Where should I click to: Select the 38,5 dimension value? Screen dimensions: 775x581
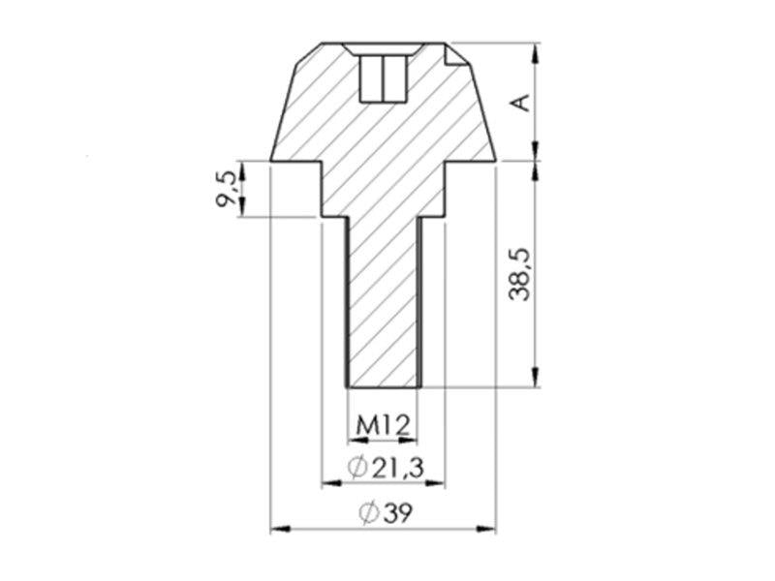(x=519, y=274)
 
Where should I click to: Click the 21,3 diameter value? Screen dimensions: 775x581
(x=397, y=467)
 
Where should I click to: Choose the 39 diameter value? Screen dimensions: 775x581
(x=396, y=513)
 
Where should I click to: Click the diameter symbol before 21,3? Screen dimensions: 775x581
(x=357, y=467)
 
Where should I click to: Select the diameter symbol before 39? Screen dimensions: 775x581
(x=369, y=513)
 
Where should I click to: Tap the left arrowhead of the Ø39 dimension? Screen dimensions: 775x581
(x=280, y=529)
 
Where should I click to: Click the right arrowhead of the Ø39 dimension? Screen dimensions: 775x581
(x=486, y=529)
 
